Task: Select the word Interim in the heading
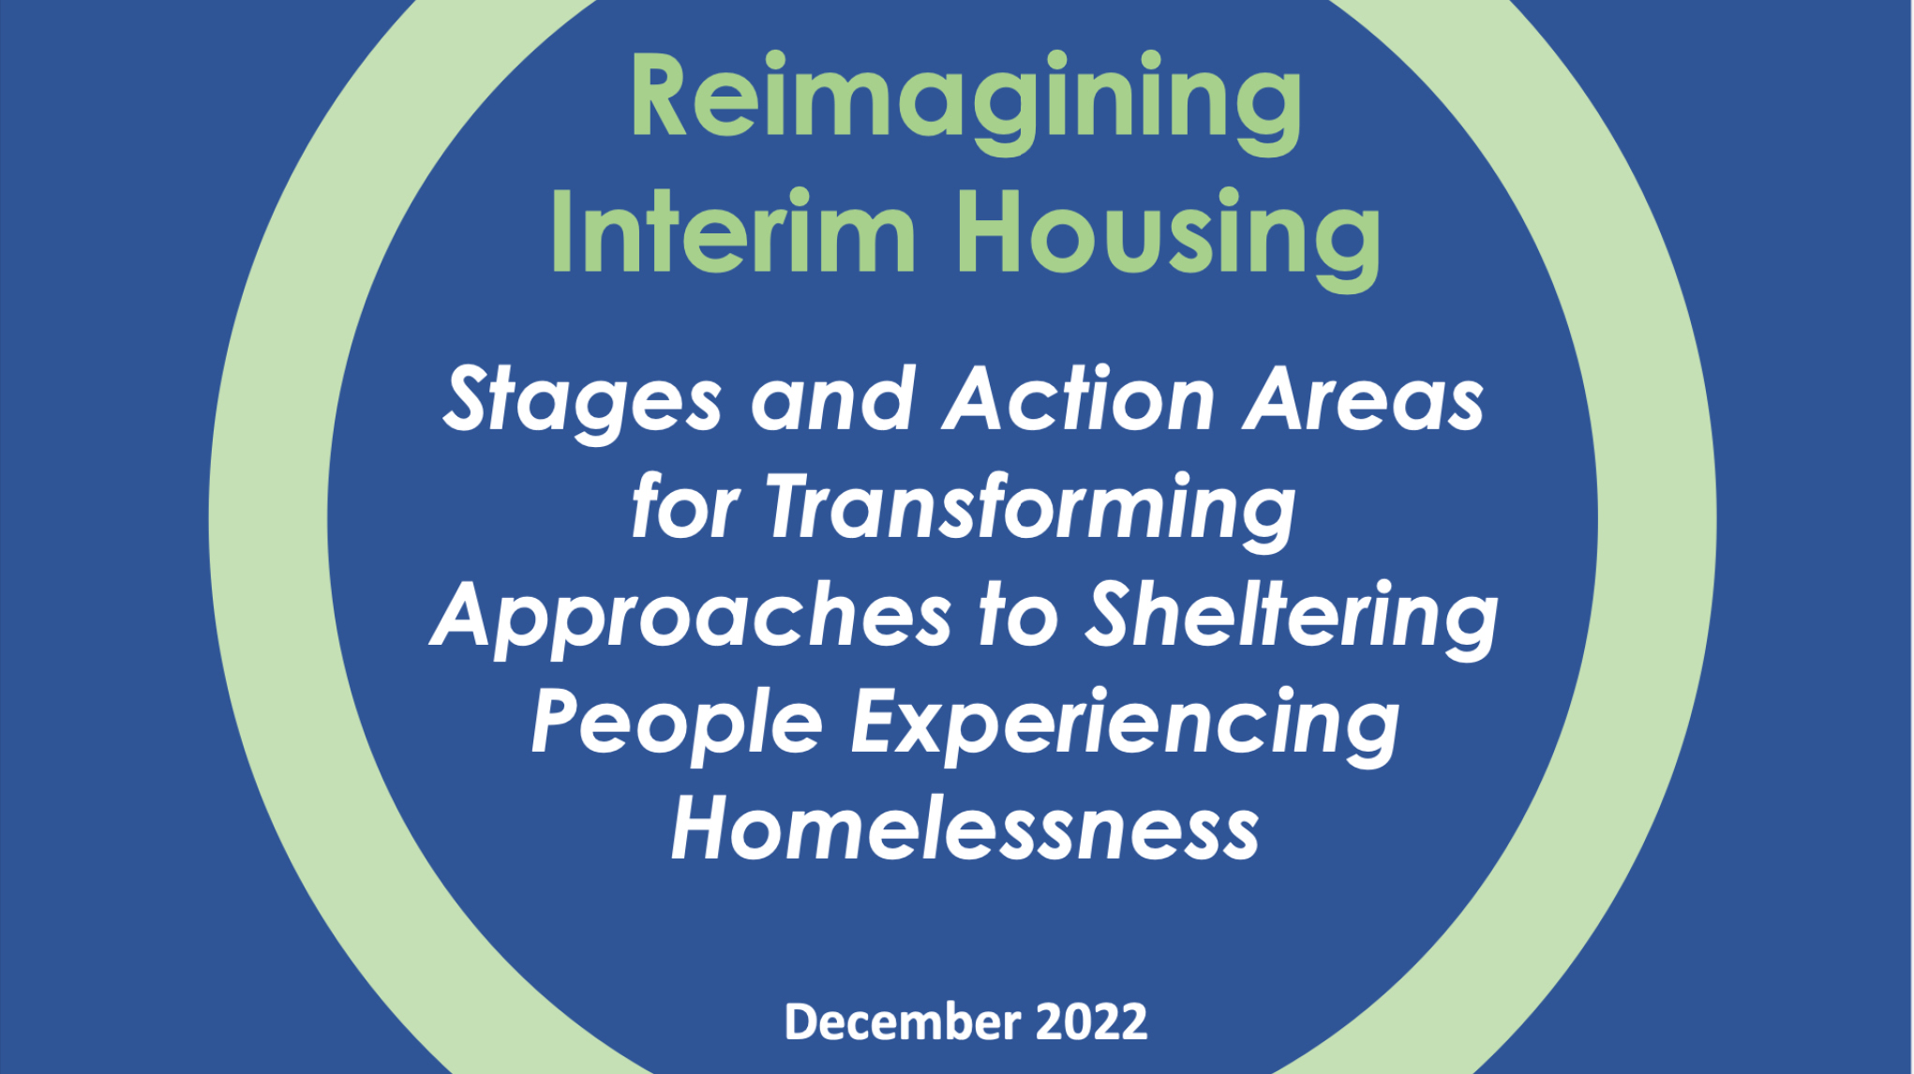[x=732, y=232]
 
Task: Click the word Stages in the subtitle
[x=582, y=400]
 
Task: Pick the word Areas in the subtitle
[x=1364, y=400]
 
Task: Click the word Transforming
[x=1031, y=509]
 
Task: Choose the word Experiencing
[x=1125, y=724]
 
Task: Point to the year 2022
[x=1091, y=1022]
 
